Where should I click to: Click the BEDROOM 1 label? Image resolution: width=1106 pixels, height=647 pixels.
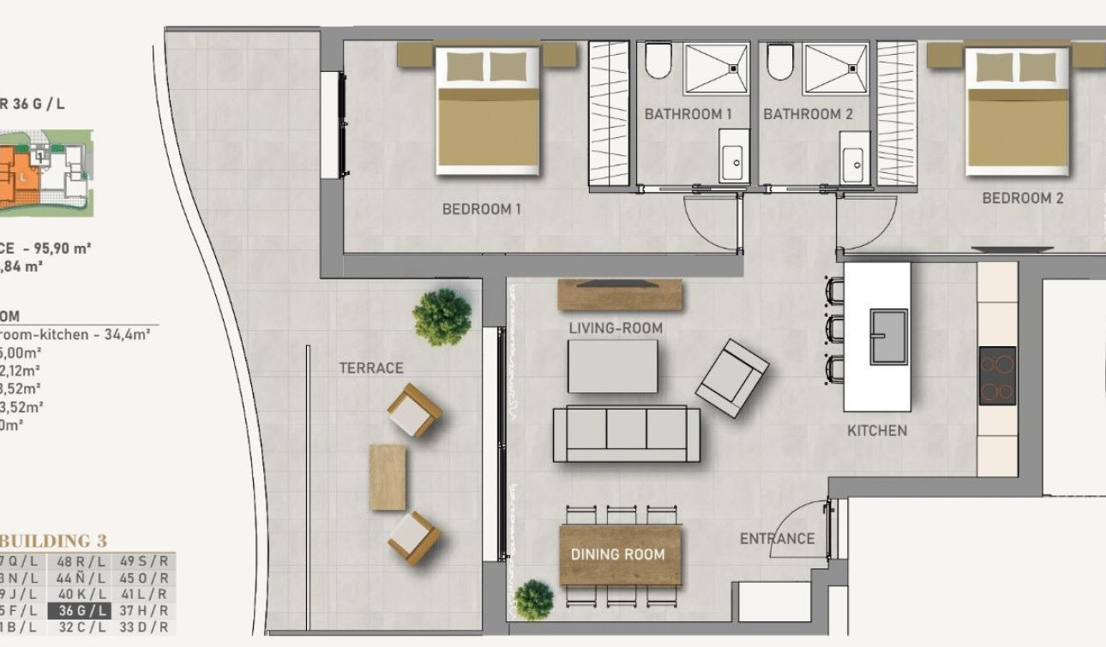coord(481,208)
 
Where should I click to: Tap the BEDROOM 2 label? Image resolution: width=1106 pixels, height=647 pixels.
coord(1022,198)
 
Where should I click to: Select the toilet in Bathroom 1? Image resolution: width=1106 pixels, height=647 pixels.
coord(658,62)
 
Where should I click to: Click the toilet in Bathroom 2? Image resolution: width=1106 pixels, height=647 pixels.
coord(780,62)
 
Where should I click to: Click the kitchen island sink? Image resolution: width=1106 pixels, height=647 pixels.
coord(889,336)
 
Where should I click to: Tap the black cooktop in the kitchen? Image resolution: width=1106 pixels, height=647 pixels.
coord(997,375)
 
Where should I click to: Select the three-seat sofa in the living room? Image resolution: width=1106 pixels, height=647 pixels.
coord(626,433)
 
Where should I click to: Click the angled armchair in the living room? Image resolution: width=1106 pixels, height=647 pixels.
coord(731,378)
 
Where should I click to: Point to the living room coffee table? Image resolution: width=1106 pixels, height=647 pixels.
coord(612,366)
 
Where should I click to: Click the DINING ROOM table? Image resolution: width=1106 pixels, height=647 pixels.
coord(620,554)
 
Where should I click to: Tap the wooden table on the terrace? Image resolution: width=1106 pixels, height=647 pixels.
coord(388,477)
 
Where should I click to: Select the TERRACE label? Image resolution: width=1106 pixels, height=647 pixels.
coord(370,368)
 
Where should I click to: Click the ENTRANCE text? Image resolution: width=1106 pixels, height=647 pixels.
coord(777,538)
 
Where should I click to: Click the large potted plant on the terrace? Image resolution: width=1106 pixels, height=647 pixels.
coord(442,316)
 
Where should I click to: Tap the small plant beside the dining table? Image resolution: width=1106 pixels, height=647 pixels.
coord(533,599)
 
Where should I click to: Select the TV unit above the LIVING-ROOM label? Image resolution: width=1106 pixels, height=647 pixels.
coord(620,294)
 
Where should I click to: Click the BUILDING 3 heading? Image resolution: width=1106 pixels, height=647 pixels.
coord(53,541)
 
